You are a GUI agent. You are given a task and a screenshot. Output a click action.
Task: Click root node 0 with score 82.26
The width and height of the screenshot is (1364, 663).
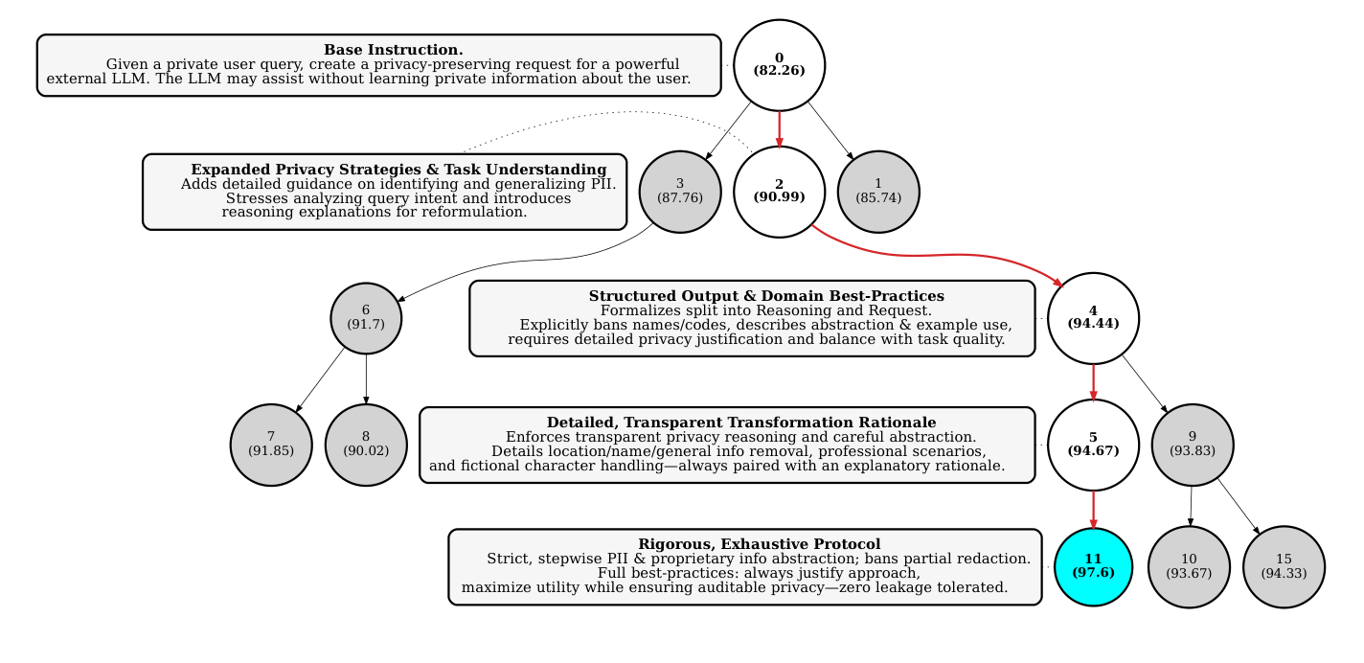pos(779,65)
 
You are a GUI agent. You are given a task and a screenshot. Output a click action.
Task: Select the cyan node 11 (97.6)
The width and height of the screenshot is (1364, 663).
pos(1093,566)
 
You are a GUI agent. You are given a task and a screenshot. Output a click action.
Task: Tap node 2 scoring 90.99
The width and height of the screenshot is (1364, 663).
pos(779,191)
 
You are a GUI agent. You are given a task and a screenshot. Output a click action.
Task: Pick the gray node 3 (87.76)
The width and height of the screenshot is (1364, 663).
pos(680,191)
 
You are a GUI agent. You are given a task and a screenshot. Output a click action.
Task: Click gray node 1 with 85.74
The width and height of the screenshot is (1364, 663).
pos(878,191)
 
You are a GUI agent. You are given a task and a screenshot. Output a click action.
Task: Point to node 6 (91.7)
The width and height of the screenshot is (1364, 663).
pos(366,317)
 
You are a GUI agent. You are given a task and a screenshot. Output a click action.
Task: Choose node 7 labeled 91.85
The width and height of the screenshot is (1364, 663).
pos(271,444)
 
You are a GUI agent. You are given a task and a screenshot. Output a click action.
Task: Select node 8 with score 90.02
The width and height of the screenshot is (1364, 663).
pos(366,444)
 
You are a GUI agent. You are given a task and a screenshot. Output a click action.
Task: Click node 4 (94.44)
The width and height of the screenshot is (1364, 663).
pos(1093,317)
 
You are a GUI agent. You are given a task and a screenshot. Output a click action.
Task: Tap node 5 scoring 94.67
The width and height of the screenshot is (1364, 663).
pos(1093,444)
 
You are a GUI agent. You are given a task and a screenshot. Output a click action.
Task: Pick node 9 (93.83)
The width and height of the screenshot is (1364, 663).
pos(1192,444)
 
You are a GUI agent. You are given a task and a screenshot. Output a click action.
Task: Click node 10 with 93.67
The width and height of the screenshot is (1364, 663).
pos(1189,566)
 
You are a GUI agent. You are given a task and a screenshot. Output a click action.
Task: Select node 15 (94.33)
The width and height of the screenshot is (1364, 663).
pos(1284,566)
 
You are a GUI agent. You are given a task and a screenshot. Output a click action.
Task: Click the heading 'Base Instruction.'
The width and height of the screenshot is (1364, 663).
pos(394,50)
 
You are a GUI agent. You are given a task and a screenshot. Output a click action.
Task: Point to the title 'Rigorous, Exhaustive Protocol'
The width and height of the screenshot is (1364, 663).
pos(759,544)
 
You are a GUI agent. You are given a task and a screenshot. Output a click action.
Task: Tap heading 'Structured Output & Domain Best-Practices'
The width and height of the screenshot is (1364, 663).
pos(766,296)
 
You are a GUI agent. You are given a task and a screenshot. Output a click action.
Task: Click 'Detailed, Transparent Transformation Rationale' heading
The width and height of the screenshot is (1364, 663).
pos(741,423)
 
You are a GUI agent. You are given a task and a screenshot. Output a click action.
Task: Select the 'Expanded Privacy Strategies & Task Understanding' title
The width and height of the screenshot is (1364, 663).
pos(398,170)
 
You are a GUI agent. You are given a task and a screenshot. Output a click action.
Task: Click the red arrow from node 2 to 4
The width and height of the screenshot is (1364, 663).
pos(939,255)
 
